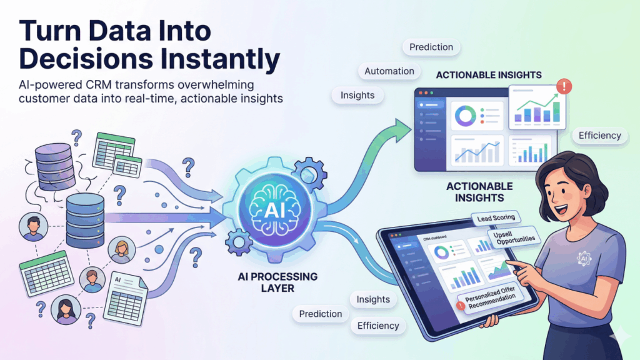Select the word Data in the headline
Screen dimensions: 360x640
point(114,32)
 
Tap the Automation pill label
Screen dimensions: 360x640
point(389,71)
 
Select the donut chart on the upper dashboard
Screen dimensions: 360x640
point(464,114)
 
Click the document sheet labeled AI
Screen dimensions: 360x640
point(127,296)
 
